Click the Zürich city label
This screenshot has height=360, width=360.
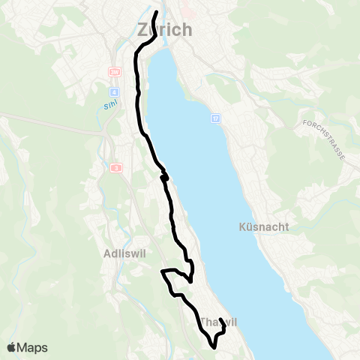[165, 30]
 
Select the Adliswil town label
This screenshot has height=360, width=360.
[122, 253]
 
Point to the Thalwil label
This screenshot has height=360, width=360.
[218, 322]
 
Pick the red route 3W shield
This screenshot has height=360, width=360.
[115, 72]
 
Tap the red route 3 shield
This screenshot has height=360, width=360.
[116, 168]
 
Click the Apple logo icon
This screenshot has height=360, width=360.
[12, 347]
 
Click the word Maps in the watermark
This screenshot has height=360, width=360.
[33, 347]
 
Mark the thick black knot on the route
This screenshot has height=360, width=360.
[164, 177]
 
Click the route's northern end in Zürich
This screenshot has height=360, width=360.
[156, 13]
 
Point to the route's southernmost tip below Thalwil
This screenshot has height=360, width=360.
[214, 347]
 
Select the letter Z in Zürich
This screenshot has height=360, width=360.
[145, 30]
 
